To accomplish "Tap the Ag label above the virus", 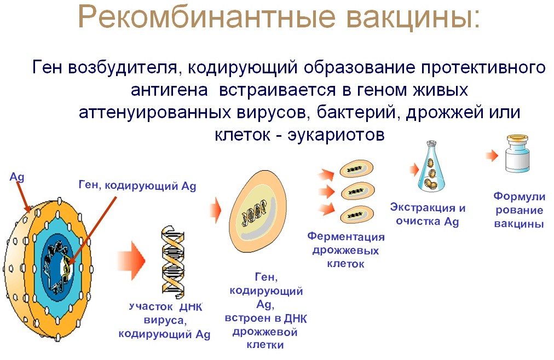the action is (17, 177).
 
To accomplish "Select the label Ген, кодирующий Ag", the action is (137, 185).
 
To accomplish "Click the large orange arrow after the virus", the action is (131, 260).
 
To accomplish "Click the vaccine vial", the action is (517, 154).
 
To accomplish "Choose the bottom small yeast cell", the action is (356, 214).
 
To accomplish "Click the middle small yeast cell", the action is (357, 191).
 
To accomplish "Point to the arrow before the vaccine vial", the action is (492, 155).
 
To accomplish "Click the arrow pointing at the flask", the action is (414, 170).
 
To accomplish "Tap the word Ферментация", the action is (346, 236).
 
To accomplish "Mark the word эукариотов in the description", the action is (336, 135).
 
